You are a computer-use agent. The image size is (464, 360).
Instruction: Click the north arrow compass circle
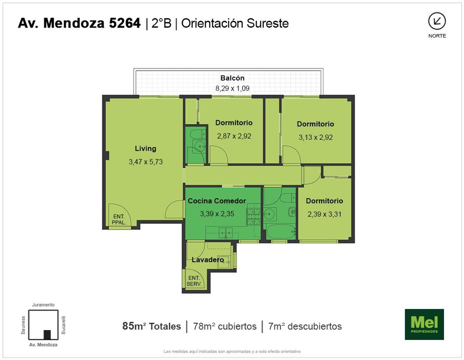tap(437, 21)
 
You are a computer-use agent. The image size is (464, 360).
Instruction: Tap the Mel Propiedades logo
tap(424, 324)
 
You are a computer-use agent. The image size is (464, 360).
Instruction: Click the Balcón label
tap(232, 78)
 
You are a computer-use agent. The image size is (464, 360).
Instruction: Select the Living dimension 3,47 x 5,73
tap(146, 162)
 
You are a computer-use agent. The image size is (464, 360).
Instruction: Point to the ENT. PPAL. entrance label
tap(119, 220)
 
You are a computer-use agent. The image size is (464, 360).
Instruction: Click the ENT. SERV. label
tap(194, 281)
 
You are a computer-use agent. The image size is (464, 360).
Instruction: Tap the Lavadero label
tap(208, 260)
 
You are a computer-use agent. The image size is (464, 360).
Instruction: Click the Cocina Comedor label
tap(217, 201)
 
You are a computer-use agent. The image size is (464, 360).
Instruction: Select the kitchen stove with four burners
tap(253, 217)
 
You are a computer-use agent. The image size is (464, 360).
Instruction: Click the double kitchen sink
tap(226, 233)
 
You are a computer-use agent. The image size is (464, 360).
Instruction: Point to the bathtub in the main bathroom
tap(281, 232)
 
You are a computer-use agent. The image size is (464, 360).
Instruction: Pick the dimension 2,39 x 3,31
tap(324, 214)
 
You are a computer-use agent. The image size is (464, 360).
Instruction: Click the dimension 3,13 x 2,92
tap(315, 137)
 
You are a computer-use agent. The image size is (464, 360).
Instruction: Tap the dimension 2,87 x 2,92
tap(234, 136)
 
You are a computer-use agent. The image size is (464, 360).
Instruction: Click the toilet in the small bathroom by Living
tap(198, 134)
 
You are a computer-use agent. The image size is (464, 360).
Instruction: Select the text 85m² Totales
tap(152, 326)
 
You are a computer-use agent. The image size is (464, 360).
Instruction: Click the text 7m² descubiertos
tap(305, 326)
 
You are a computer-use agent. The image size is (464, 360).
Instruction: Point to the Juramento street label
tap(43, 305)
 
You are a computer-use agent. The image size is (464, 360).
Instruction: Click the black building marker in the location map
tap(47, 334)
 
